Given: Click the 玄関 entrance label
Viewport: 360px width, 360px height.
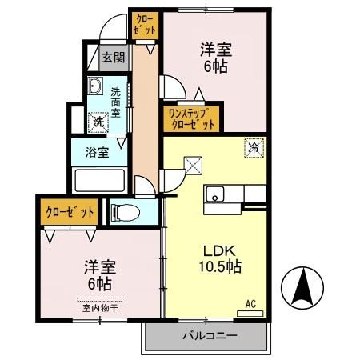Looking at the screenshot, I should click(113, 57).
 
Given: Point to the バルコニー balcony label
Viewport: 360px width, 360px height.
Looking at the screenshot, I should click(208, 336).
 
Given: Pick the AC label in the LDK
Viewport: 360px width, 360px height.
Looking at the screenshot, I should click(251, 303).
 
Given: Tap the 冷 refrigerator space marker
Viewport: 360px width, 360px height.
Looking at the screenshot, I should click(255, 147).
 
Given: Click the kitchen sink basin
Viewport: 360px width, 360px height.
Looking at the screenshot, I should click(215, 194).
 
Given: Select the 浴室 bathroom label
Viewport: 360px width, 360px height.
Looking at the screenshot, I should click(97, 152).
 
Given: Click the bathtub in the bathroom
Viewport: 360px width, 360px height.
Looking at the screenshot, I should click(101, 179).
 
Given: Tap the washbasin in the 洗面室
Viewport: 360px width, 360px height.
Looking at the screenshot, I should click(95, 86).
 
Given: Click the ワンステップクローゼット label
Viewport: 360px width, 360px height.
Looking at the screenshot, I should click(191, 118).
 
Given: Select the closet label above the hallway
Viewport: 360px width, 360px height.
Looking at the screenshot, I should click(145, 24).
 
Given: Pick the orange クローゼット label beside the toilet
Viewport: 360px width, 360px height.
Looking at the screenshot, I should click(69, 212).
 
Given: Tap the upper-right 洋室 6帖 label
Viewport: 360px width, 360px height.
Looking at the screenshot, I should click(214, 58).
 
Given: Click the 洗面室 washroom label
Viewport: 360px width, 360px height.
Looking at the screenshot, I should click(117, 102).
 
